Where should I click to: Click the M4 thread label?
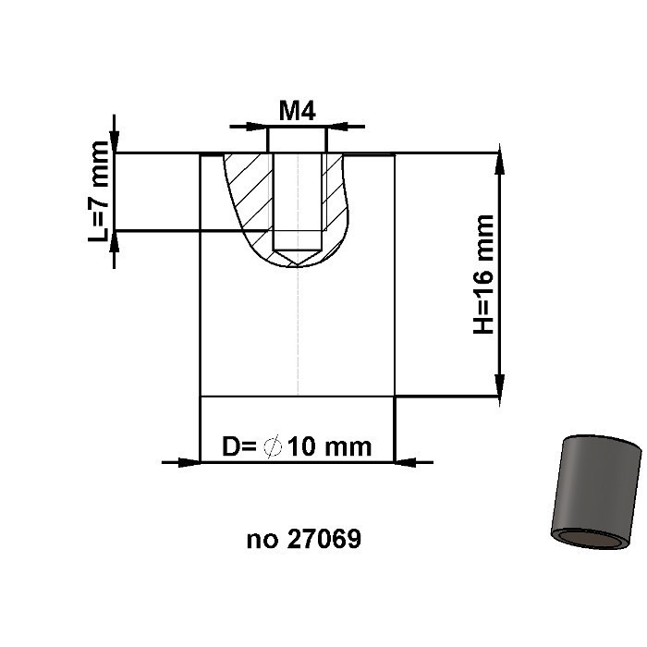point(298,111)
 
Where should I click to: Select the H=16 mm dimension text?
point(483,275)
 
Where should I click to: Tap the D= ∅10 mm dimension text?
point(297,447)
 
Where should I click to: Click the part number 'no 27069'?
point(303,539)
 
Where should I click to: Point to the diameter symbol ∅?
point(272,447)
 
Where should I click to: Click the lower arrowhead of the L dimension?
point(115,242)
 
